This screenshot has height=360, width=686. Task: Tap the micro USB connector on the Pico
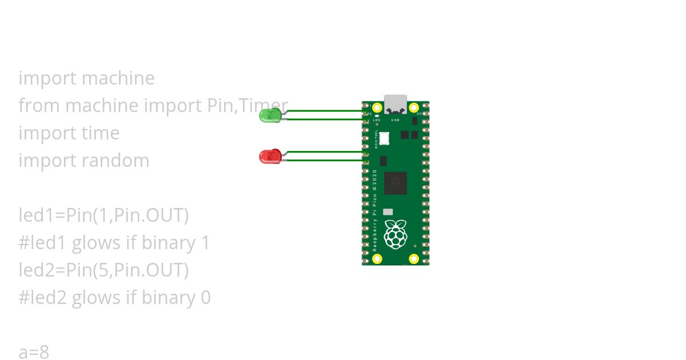coord(396,103)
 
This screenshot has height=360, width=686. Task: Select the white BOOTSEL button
coord(384,138)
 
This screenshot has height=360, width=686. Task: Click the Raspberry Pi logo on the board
coord(395,234)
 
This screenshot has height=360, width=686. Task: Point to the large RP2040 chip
coord(396,183)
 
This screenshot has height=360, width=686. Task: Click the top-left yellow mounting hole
coord(377,107)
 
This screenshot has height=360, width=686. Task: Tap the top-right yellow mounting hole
coord(414,107)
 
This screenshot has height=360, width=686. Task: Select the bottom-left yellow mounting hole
coord(377,258)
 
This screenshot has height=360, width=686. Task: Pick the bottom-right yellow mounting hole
coord(414,258)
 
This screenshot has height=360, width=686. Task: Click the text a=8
coord(34,352)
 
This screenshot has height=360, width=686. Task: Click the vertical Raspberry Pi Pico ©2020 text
coord(375,211)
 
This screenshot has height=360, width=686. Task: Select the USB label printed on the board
coord(395,121)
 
